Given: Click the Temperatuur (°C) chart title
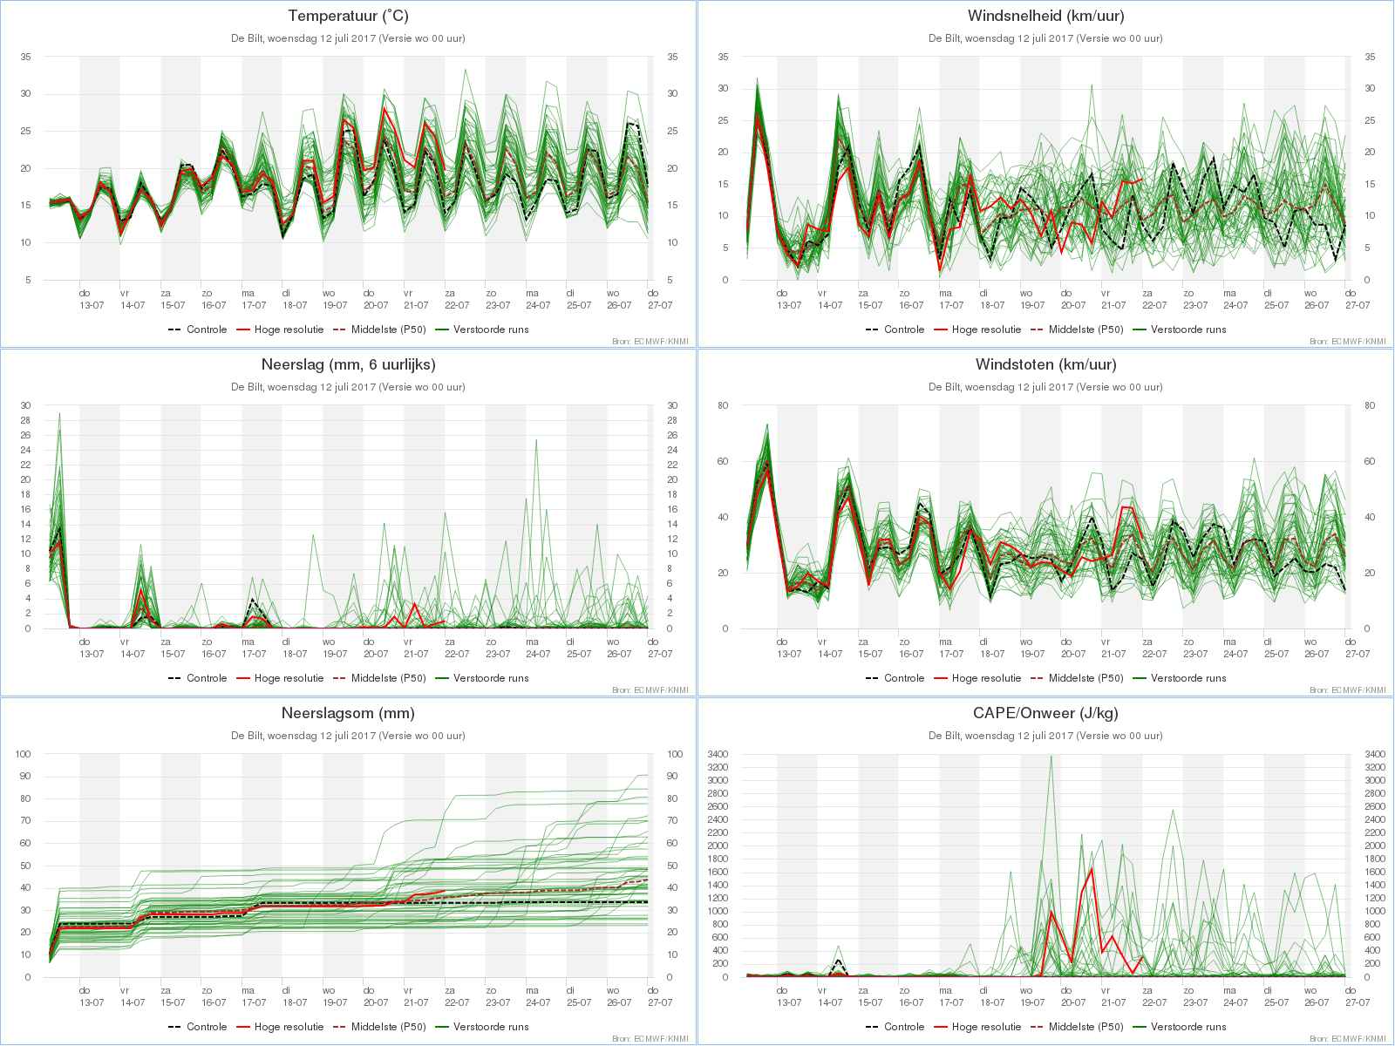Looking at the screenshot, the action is click(348, 16).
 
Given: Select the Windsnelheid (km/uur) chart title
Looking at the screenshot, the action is click(1045, 16).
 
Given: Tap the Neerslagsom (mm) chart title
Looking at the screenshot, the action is click(348, 713).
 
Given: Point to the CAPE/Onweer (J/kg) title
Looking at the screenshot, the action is click(1045, 713).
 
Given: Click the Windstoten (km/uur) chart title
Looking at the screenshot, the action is click(1045, 364).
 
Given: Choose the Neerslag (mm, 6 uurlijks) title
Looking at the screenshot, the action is click(348, 364).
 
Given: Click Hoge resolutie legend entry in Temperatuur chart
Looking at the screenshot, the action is click(280, 329).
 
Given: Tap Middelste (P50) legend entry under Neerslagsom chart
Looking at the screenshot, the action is click(379, 1027).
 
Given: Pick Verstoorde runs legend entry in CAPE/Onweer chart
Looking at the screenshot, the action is click(1181, 1027).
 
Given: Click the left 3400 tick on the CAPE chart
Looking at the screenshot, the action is click(718, 755).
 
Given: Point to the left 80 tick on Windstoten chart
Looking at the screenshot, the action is click(723, 406).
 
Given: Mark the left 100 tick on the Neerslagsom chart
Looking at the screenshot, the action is click(23, 755).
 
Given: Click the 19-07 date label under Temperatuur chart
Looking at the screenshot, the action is click(335, 305).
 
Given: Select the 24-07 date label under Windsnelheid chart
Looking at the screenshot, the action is click(1235, 305).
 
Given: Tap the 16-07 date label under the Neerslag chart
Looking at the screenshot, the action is click(214, 654).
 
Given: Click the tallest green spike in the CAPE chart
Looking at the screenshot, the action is click(1051, 757).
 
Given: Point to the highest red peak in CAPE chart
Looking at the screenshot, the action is click(1092, 868).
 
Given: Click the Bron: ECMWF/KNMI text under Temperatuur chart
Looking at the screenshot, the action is click(650, 342).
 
